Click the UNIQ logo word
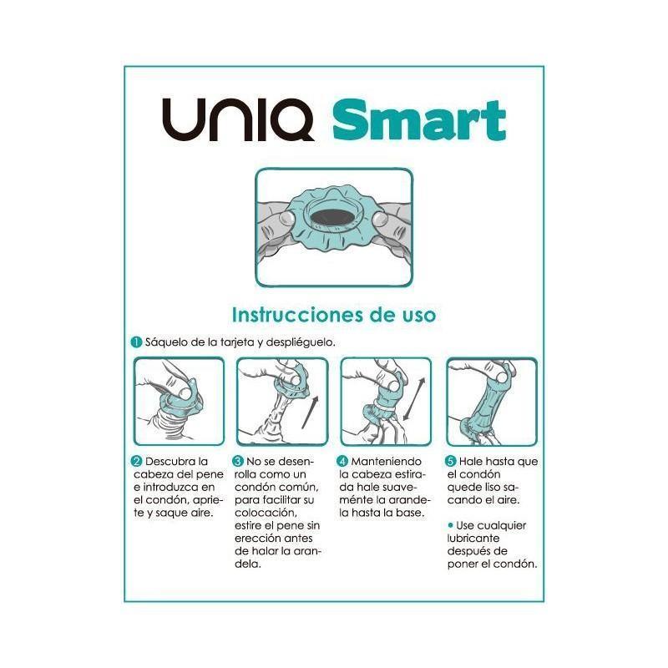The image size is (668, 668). (237, 122)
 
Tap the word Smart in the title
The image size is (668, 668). (419, 122)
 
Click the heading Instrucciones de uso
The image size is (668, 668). (332, 315)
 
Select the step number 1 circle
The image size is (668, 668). (135, 342)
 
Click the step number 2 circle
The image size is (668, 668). (136, 462)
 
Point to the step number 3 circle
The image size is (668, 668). (238, 462)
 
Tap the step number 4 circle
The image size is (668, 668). (342, 462)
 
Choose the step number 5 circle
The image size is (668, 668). (451, 462)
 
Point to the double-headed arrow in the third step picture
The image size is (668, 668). (412, 399)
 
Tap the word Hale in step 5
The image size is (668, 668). (473, 462)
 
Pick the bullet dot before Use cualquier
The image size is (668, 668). (450, 524)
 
